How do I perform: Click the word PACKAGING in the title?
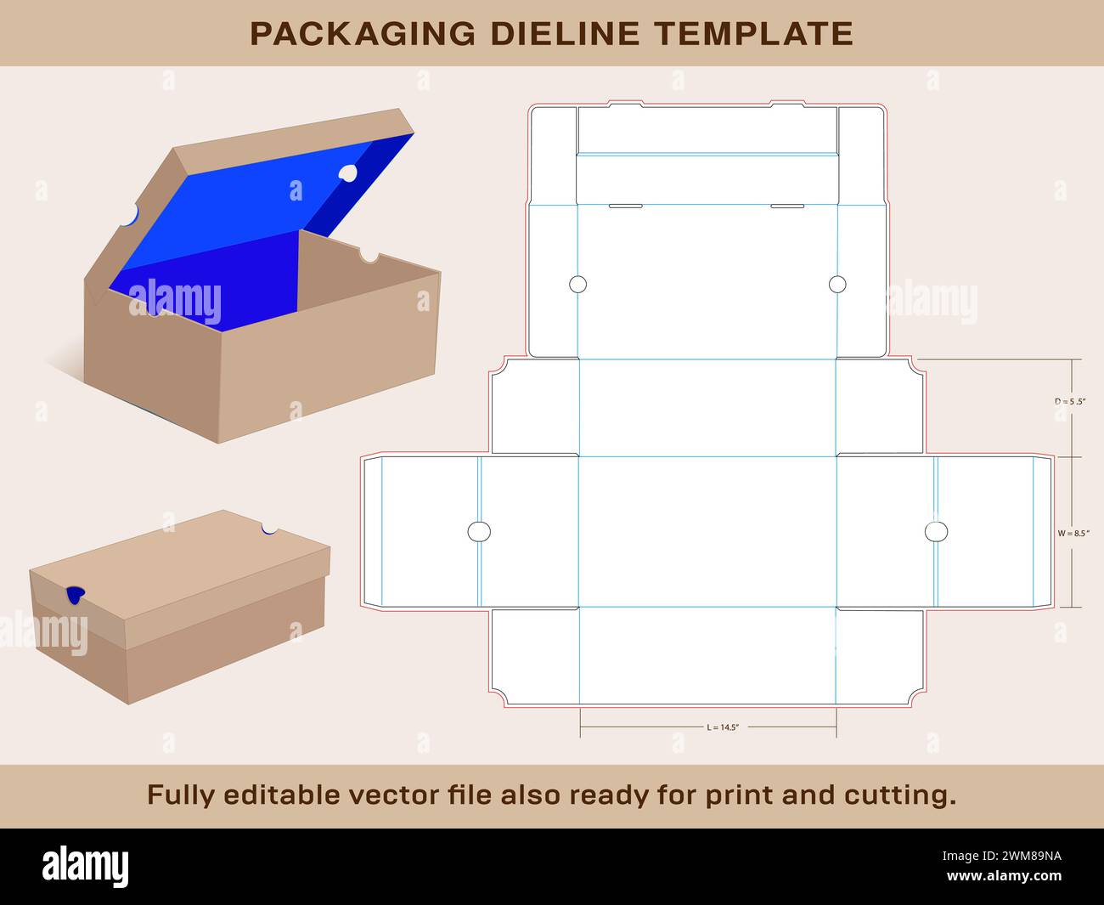(363, 33)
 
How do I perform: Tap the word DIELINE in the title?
(566, 33)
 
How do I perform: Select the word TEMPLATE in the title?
(754, 33)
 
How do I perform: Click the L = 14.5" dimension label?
(723, 727)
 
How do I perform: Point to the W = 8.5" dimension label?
(1073, 533)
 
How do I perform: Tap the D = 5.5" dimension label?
(1070, 402)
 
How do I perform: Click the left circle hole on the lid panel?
(578, 285)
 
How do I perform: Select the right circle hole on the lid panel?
(837, 285)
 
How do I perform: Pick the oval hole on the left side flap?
(479, 532)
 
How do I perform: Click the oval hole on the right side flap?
(936, 532)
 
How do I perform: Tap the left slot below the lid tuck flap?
(626, 206)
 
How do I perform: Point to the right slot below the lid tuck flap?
(787, 206)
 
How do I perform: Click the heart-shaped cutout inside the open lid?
(348, 173)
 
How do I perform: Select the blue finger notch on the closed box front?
(76, 595)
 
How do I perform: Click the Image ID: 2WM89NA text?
(1002, 856)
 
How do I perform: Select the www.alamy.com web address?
(1004, 875)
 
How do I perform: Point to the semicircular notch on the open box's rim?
(369, 256)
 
